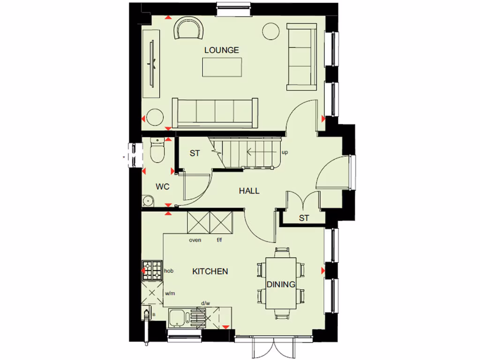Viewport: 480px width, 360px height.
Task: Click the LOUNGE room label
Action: pyautogui.click(x=222, y=50)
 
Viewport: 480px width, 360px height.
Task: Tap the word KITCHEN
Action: pyautogui.click(x=210, y=271)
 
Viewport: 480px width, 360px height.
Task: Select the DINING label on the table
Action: pyautogui.click(x=281, y=284)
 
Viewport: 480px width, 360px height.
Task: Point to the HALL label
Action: pyautogui.click(x=249, y=191)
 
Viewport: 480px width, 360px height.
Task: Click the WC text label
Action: pyautogui.click(x=163, y=187)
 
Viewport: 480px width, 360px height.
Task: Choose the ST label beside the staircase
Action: pyautogui.click(x=195, y=153)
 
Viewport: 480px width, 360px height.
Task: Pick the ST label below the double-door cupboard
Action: pyautogui.click(x=304, y=217)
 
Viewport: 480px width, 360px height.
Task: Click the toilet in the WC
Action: pyautogui.click(x=157, y=151)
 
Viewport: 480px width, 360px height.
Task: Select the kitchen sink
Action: pyautogui.click(x=178, y=318)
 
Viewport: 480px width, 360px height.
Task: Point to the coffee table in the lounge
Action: pyautogui.click(x=223, y=67)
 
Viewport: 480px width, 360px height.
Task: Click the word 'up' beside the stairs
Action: pyautogui.click(x=285, y=153)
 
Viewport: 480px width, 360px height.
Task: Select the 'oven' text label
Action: pyautogui.click(x=195, y=240)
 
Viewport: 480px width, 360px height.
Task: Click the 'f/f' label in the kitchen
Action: pyautogui.click(x=219, y=240)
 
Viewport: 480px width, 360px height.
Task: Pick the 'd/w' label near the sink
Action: pyautogui.click(x=205, y=304)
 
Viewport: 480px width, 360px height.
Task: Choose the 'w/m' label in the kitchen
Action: pyautogui.click(x=169, y=293)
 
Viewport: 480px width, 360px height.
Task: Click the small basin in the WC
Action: pyautogui.click(x=148, y=201)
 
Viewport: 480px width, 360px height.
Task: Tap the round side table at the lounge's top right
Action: pyautogui.click(x=270, y=31)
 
